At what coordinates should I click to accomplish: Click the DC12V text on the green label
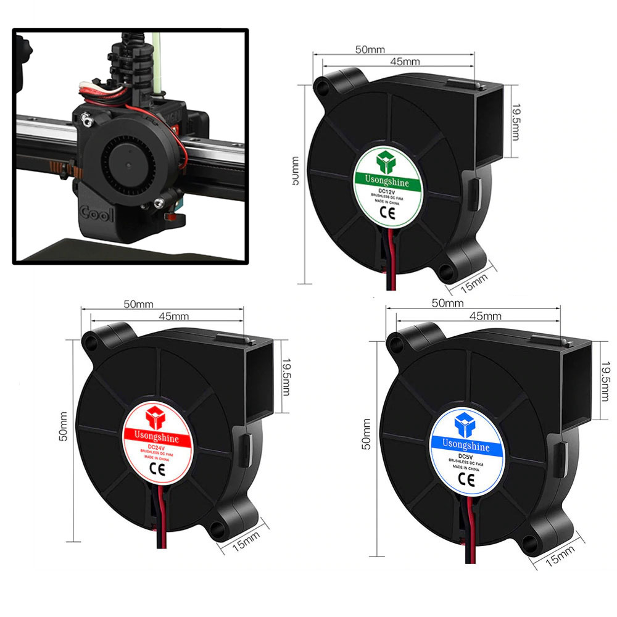[386, 191]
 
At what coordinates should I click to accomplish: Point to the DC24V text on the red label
[157, 447]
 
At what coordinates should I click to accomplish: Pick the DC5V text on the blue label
[463, 454]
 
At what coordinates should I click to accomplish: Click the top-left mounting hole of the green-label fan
[321, 84]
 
